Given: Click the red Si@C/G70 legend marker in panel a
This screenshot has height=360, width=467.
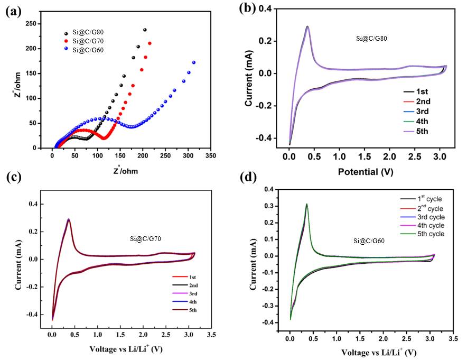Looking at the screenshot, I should click(65, 41).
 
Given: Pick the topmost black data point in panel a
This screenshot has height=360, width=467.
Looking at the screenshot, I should click(144, 30).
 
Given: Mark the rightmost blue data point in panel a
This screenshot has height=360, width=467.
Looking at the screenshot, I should click(194, 62).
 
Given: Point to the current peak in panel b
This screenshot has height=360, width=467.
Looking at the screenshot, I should click(307, 26).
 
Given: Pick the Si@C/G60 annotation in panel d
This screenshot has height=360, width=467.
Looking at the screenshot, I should click(369, 241).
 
